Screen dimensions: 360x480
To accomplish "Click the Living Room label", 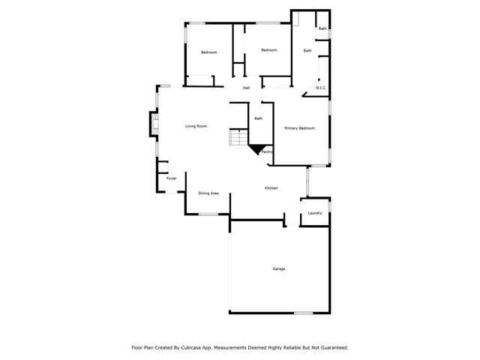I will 196,126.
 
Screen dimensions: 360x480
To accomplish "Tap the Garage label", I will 278,268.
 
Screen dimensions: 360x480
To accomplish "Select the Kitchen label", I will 271,187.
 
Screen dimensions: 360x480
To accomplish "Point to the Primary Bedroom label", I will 299,128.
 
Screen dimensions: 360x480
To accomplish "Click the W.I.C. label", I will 320,88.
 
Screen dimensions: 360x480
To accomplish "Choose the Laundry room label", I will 315,213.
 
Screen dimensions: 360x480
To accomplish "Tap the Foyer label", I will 172,178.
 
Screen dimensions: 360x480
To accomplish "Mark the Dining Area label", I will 208,193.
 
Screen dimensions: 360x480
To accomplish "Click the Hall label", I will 246,88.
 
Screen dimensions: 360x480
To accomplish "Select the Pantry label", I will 266,152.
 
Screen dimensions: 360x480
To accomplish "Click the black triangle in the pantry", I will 258,148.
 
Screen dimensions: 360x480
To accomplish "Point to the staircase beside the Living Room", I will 238,138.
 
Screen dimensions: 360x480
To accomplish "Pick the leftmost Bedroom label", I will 208,52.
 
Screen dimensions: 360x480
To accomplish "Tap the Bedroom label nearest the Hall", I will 269,50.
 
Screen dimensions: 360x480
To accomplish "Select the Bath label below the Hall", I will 258,118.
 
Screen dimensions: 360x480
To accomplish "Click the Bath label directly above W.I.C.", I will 307,51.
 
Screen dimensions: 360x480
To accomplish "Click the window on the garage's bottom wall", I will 303,313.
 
